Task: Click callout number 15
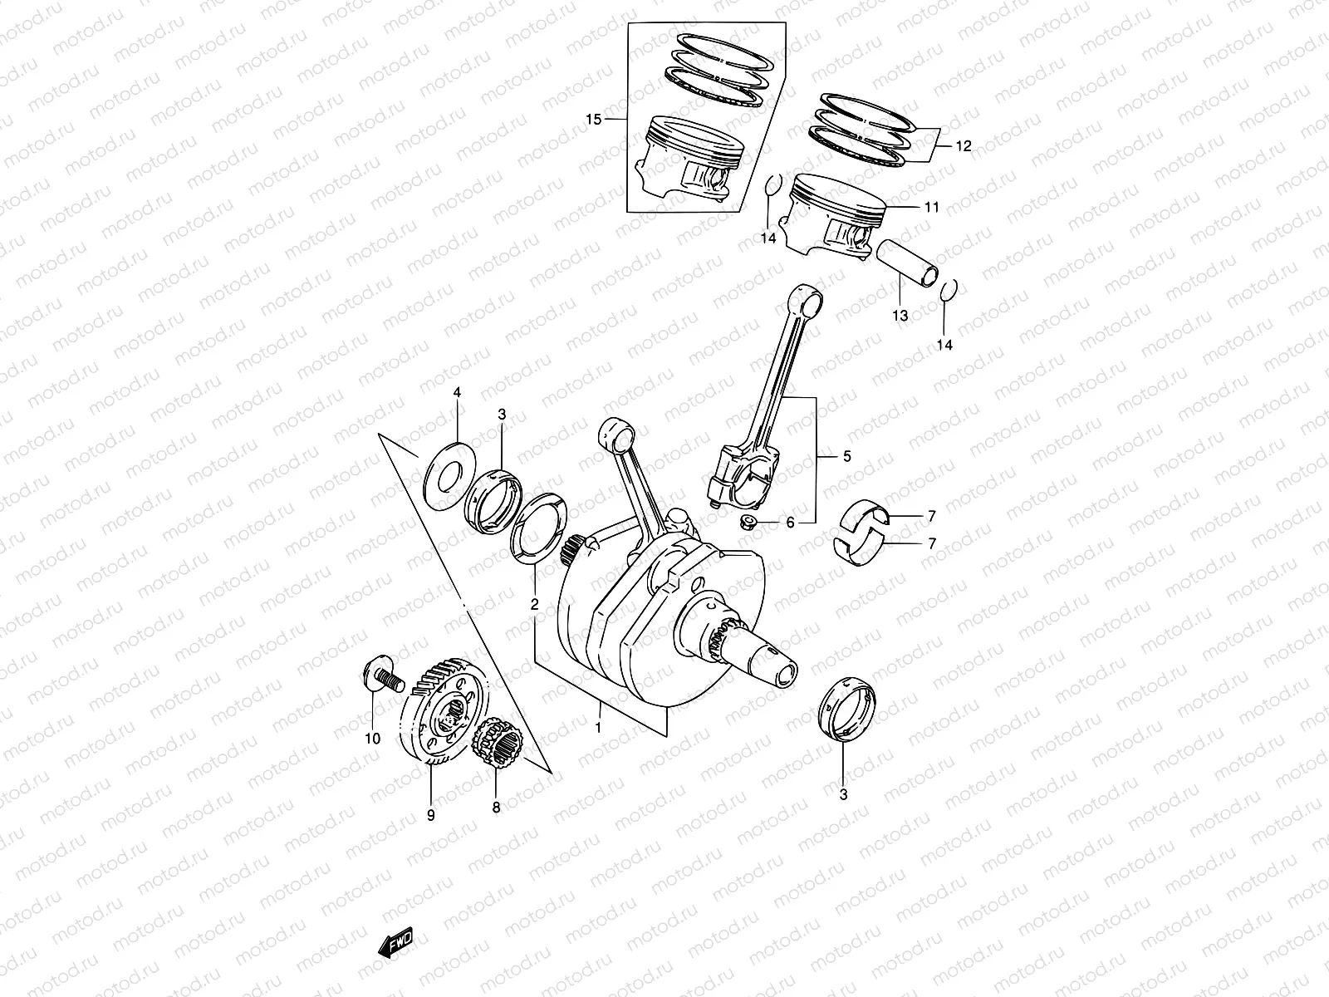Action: tap(593, 120)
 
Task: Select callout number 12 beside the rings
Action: tap(963, 146)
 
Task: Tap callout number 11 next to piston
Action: tap(931, 207)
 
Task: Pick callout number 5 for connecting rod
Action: tap(846, 456)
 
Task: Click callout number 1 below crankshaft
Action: tap(596, 728)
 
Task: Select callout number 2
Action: tap(534, 604)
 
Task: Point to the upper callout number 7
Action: tap(931, 516)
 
